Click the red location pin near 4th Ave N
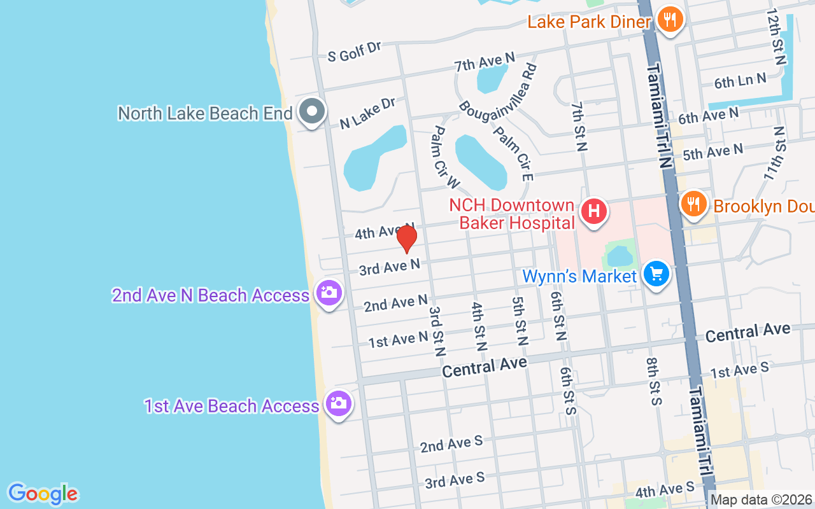406,239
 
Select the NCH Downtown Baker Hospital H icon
593,211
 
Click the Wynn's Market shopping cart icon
656,274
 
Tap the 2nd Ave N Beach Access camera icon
329,293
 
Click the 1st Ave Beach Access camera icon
338,403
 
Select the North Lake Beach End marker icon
311,111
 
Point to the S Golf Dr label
354,52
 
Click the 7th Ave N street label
485,62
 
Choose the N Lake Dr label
367,114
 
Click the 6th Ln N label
740,81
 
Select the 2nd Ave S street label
451,444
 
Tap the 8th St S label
654,382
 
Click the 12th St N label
776,37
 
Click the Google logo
43,494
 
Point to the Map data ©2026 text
762,500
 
